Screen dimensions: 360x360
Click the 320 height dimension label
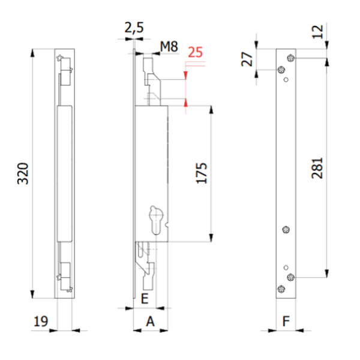pyautogui.click(x=22, y=173)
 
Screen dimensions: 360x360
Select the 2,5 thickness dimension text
pyautogui.click(x=134, y=27)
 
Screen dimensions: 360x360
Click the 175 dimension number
pyautogui.click(x=202, y=173)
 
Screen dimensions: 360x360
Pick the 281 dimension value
pyautogui.click(x=317, y=169)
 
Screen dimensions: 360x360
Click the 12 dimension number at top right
pyautogui.click(x=318, y=31)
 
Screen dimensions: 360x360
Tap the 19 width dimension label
pyautogui.click(x=41, y=321)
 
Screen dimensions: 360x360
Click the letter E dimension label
pyautogui.click(x=144, y=298)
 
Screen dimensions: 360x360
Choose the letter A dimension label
pyautogui.click(x=150, y=321)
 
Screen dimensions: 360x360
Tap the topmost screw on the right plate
pyautogui.click(x=291, y=58)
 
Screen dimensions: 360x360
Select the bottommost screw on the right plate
pyautogui.click(x=280, y=289)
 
